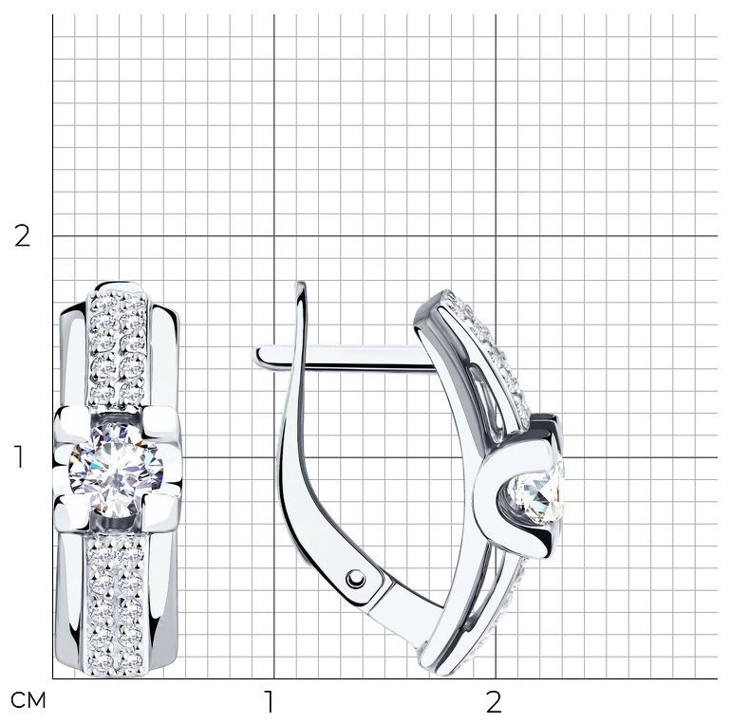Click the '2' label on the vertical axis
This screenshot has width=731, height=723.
[x=22, y=236]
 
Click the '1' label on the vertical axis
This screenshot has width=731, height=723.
[x=19, y=457]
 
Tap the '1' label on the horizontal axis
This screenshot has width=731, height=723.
[x=269, y=701]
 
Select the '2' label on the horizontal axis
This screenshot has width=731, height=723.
[x=494, y=701]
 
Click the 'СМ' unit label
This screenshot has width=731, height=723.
[x=28, y=700]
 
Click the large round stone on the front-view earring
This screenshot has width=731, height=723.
[x=116, y=469]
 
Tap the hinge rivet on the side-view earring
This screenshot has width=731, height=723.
[x=356, y=579]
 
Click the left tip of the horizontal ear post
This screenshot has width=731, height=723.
[x=254, y=356]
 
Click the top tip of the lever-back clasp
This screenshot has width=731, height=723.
[x=301, y=283]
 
